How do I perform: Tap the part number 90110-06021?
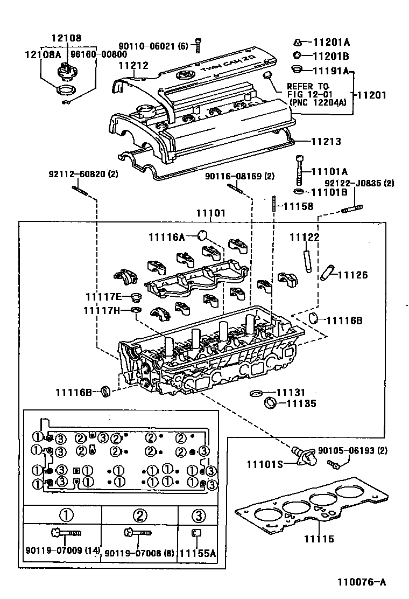[148, 46]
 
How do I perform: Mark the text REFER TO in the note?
[307, 86]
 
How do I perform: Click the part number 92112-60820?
[77, 174]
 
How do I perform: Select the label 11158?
[298, 206]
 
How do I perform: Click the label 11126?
[352, 275]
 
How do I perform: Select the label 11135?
[301, 403]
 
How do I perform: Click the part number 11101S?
[265, 463]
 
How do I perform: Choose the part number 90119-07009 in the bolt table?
[55, 551]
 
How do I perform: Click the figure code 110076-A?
[362, 582]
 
